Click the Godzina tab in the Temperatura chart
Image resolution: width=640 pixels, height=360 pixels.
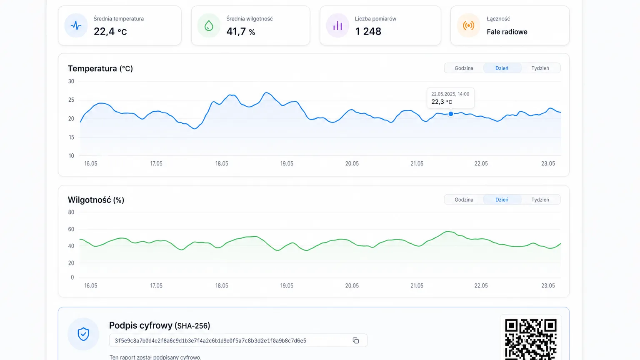[x=464, y=68]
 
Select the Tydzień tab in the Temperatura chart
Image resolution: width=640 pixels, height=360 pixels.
[x=540, y=68]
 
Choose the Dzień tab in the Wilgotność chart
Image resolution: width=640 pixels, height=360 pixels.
[x=502, y=200]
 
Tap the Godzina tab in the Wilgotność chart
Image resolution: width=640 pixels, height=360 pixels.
[x=464, y=200]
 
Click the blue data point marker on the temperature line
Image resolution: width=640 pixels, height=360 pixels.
[x=450, y=114]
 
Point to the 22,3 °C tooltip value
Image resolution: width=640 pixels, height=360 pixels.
[x=441, y=102]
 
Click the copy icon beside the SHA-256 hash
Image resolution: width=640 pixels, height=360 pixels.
[x=356, y=340]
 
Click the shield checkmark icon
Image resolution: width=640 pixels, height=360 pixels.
[x=83, y=334]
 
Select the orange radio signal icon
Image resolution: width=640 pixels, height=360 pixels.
[x=469, y=26]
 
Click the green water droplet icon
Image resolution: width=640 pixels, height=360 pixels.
[x=209, y=26]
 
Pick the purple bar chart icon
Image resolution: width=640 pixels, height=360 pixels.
[x=337, y=26]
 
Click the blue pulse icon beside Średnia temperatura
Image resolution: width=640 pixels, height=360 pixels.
[x=76, y=26]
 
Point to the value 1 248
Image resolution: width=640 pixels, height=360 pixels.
[x=368, y=31]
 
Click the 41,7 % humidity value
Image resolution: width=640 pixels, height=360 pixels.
[x=240, y=31]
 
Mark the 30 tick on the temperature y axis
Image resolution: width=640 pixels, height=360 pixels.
[x=71, y=81]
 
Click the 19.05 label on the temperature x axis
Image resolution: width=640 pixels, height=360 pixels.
[x=287, y=163]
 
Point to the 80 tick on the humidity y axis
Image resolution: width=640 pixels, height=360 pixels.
[x=71, y=212]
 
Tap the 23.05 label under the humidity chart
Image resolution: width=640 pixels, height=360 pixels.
[x=548, y=285]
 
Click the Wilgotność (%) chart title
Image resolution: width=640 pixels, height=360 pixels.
[x=96, y=200]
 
